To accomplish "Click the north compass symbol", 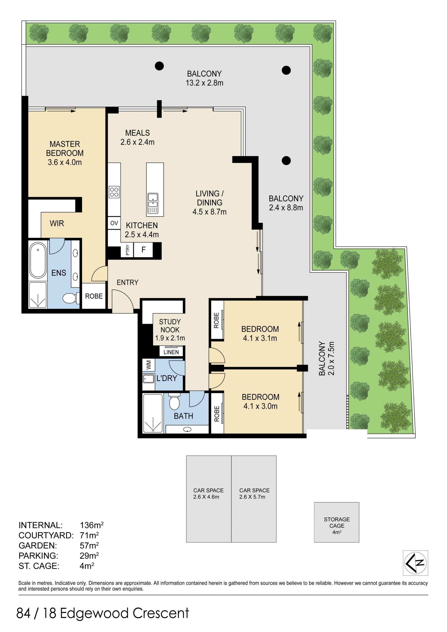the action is click(x=415, y=563).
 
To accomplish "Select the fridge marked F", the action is click(x=143, y=250).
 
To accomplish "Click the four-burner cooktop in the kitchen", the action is click(x=114, y=192).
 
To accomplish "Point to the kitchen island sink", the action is click(x=153, y=203).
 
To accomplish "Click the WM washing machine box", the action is click(x=149, y=365).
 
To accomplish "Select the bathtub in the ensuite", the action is click(x=38, y=260).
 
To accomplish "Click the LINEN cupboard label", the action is click(x=171, y=352).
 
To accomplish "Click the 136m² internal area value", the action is click(x=92, y=525).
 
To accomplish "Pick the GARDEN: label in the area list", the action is click(x=38, y=546).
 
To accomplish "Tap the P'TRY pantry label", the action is click(x=127, y=250).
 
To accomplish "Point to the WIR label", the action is click(x=57, y=223).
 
